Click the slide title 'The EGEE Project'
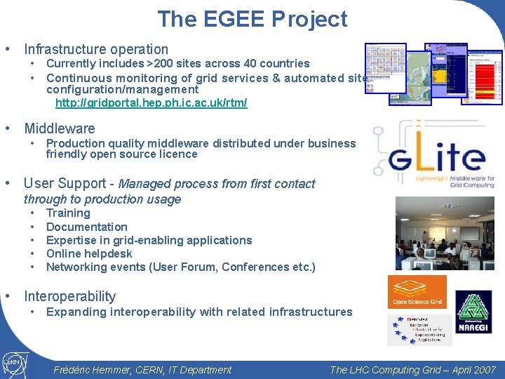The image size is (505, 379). click(252, 19)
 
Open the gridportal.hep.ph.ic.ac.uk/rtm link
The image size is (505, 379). click(151, 103)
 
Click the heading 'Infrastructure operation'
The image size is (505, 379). click(96, 49)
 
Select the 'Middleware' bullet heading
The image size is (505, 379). click(60, 128)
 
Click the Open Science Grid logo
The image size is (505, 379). click(417, 292)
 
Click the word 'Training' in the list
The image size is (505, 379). click(68, 213)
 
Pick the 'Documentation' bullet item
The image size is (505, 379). click(86, 227)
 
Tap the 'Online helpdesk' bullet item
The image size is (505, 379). click(89, 253)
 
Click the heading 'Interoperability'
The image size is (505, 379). click(69, 296)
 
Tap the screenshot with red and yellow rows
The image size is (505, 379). click(483, 74)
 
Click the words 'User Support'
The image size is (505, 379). click(65, 183)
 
